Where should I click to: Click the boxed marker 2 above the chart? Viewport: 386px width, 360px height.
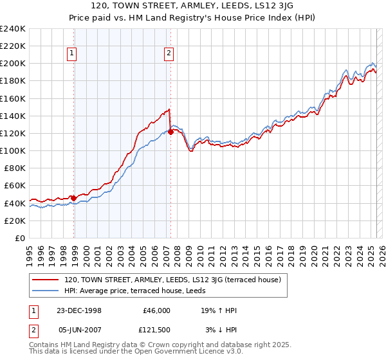coord(168,54)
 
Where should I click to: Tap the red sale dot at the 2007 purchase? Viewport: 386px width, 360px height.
coord(170,132)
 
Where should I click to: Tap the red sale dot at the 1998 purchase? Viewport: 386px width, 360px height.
coord(74,198)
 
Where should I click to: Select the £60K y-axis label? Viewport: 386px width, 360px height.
coord(15,186)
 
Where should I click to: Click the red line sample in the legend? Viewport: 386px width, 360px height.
coord(46,280)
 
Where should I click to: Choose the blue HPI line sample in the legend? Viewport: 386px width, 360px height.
coord(46,291)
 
